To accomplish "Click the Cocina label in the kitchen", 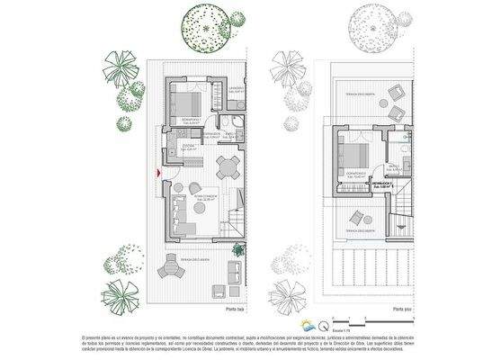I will coord(188,146).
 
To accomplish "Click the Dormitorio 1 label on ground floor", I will coord(190,119).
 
